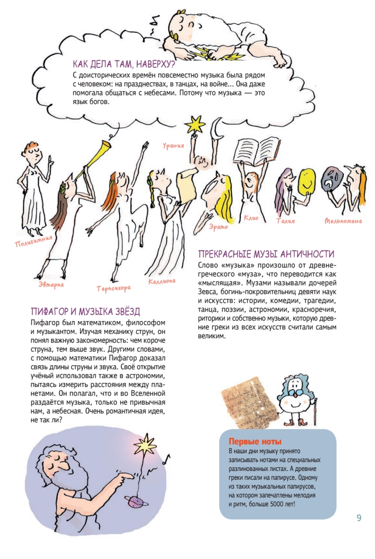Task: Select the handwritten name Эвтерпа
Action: [51, 283]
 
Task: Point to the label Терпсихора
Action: [113, 288]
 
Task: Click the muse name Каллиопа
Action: [162, 281]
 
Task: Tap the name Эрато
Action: [218, 227]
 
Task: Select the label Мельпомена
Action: [343, 221]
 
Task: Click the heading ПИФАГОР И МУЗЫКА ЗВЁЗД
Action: [85, 312]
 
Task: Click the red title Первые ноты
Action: [255, 441]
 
